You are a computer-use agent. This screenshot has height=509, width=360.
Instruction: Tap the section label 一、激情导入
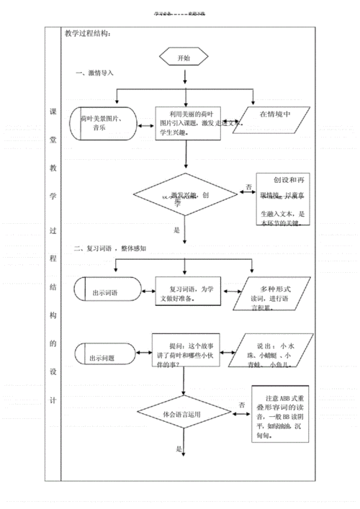point(94,73)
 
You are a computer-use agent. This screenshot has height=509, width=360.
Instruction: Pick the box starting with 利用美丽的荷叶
point(186,124)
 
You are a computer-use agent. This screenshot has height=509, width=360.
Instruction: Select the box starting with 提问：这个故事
point(186,351)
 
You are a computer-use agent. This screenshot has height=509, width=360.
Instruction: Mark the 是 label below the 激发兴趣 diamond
point(176,230)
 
